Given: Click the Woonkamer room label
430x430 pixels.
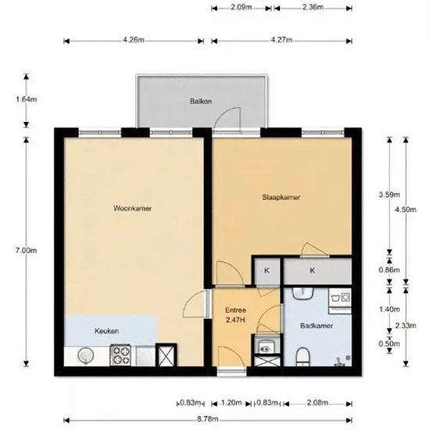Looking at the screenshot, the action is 132,209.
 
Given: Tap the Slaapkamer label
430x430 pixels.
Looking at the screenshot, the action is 281,197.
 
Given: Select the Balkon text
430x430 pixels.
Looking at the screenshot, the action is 201,101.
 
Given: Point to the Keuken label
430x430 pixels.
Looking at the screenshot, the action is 106,331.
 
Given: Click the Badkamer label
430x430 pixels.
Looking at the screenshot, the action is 317,326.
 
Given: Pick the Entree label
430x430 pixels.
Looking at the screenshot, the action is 235,310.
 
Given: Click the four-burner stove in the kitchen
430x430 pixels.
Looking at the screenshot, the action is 120,355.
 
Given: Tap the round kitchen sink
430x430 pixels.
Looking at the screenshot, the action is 86,356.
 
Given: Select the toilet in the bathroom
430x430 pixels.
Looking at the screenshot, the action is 303,357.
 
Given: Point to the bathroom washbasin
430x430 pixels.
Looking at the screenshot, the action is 303,293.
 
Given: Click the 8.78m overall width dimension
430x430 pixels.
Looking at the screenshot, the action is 208,419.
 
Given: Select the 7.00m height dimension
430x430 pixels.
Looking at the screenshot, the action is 26,250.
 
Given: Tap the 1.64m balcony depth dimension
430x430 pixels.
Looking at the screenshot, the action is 26,99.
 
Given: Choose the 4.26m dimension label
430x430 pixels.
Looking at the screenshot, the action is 134,40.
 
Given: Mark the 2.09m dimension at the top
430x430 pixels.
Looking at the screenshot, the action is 242,7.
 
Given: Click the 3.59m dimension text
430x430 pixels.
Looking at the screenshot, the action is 389,195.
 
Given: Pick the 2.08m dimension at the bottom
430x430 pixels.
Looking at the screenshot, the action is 317,403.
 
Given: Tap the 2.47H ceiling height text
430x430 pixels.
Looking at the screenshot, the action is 235,320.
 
